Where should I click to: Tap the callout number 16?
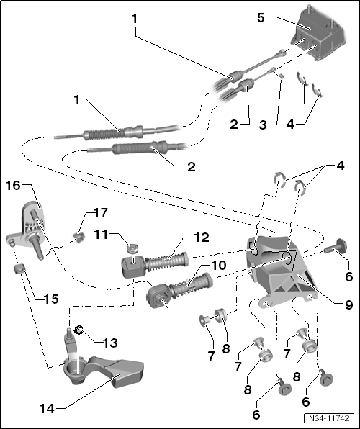pyautogui.click(x=14, y=186)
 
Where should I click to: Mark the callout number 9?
pyautogui.click(x=348, y=304)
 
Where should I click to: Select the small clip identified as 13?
pyautogui.click(x=80, y=332)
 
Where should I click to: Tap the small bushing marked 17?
pyautogui.click(x=81, y=235)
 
